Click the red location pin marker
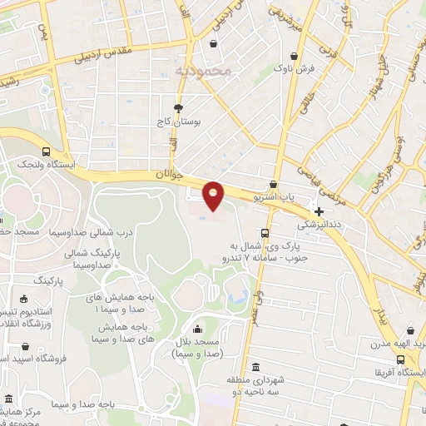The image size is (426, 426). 214,195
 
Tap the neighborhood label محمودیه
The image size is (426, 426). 202,72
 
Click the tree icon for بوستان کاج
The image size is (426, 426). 178,108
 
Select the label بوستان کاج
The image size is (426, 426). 177,121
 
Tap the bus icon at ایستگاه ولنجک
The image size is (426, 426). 46,152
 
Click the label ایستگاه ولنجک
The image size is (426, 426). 46,166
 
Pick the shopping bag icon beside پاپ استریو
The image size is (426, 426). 273,185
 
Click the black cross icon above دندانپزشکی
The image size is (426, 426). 319,212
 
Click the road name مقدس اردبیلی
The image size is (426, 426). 104,52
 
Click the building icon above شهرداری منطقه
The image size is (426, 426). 254,367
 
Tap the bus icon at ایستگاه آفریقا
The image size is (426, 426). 402,360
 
